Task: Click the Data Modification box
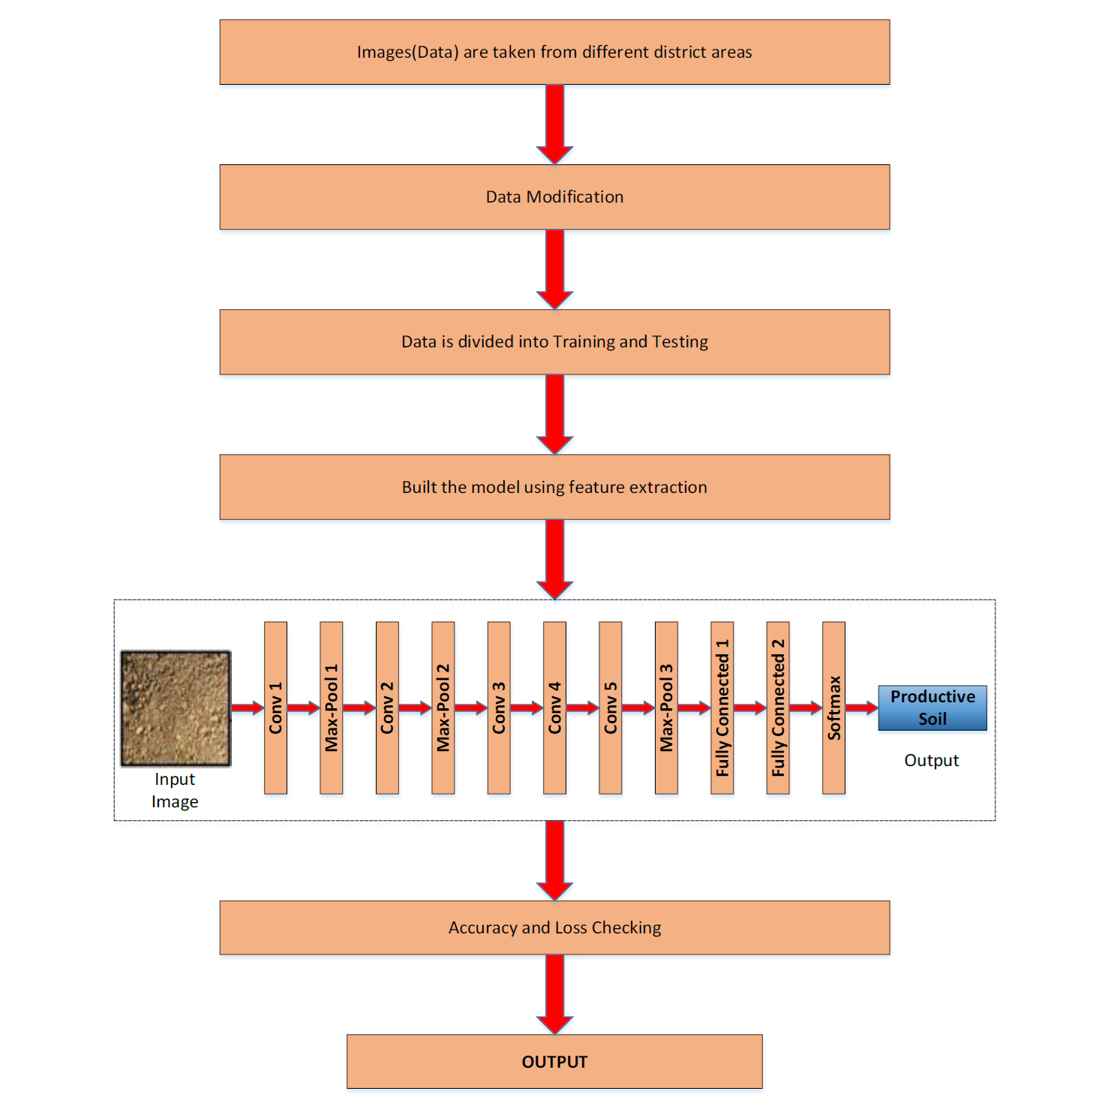(x=554, y=197)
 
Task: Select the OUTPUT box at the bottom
(x=554, y=1061)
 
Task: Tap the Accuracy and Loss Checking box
(x=554, y=927)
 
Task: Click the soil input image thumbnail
(x=176, y=708)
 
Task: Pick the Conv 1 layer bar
(x=275, y=708)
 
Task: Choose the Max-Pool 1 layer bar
(x=332, y=708)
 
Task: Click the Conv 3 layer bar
(x=499, y=708)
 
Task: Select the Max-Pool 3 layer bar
(x=666, y=708)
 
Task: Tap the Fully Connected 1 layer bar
(x=722, y=708)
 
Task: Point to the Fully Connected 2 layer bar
(x=778, y=708)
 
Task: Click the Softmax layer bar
(x=833, y=708)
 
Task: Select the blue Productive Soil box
(x=932, y=708)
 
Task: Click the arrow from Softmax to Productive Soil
(x=862, y=708)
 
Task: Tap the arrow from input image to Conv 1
(x=248, y=708)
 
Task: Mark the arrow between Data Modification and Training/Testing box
(x=554, y=269)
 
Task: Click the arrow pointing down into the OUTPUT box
(x=554, y=994)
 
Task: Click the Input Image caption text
(x=175, y=790)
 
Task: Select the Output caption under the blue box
(x=932, y=761)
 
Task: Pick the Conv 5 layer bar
(x=611, y=708)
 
